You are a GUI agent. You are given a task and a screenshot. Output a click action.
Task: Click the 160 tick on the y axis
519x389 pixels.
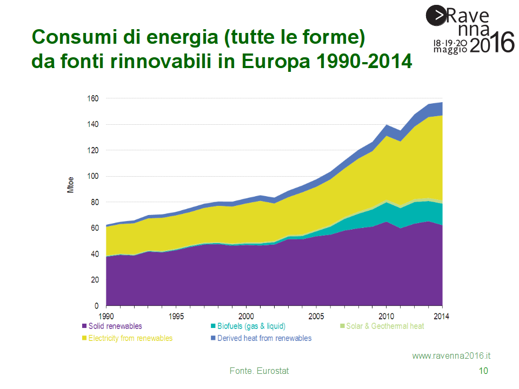pos(92,98)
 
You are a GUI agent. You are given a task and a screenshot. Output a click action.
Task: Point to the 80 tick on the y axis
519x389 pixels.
pos(94,202)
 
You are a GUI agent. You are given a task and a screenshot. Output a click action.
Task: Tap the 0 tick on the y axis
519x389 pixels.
pos(96,306)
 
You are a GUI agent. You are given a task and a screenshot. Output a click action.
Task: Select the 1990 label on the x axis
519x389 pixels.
pos(107,316)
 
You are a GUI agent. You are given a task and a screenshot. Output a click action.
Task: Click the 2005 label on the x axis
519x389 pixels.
pos(316,316)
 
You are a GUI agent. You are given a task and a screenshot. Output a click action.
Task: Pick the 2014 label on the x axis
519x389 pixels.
pos(442,316)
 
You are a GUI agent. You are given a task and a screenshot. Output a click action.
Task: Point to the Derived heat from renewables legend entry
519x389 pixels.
pos(264,338)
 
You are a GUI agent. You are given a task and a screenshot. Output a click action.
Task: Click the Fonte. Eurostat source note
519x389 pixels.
pos(259,371)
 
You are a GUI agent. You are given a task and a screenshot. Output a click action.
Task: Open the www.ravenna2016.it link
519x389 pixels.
pos(451,356)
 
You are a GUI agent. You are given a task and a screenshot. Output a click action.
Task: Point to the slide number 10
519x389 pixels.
pos(484,371)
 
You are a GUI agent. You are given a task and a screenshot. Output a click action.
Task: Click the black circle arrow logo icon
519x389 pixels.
pos(436,15)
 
